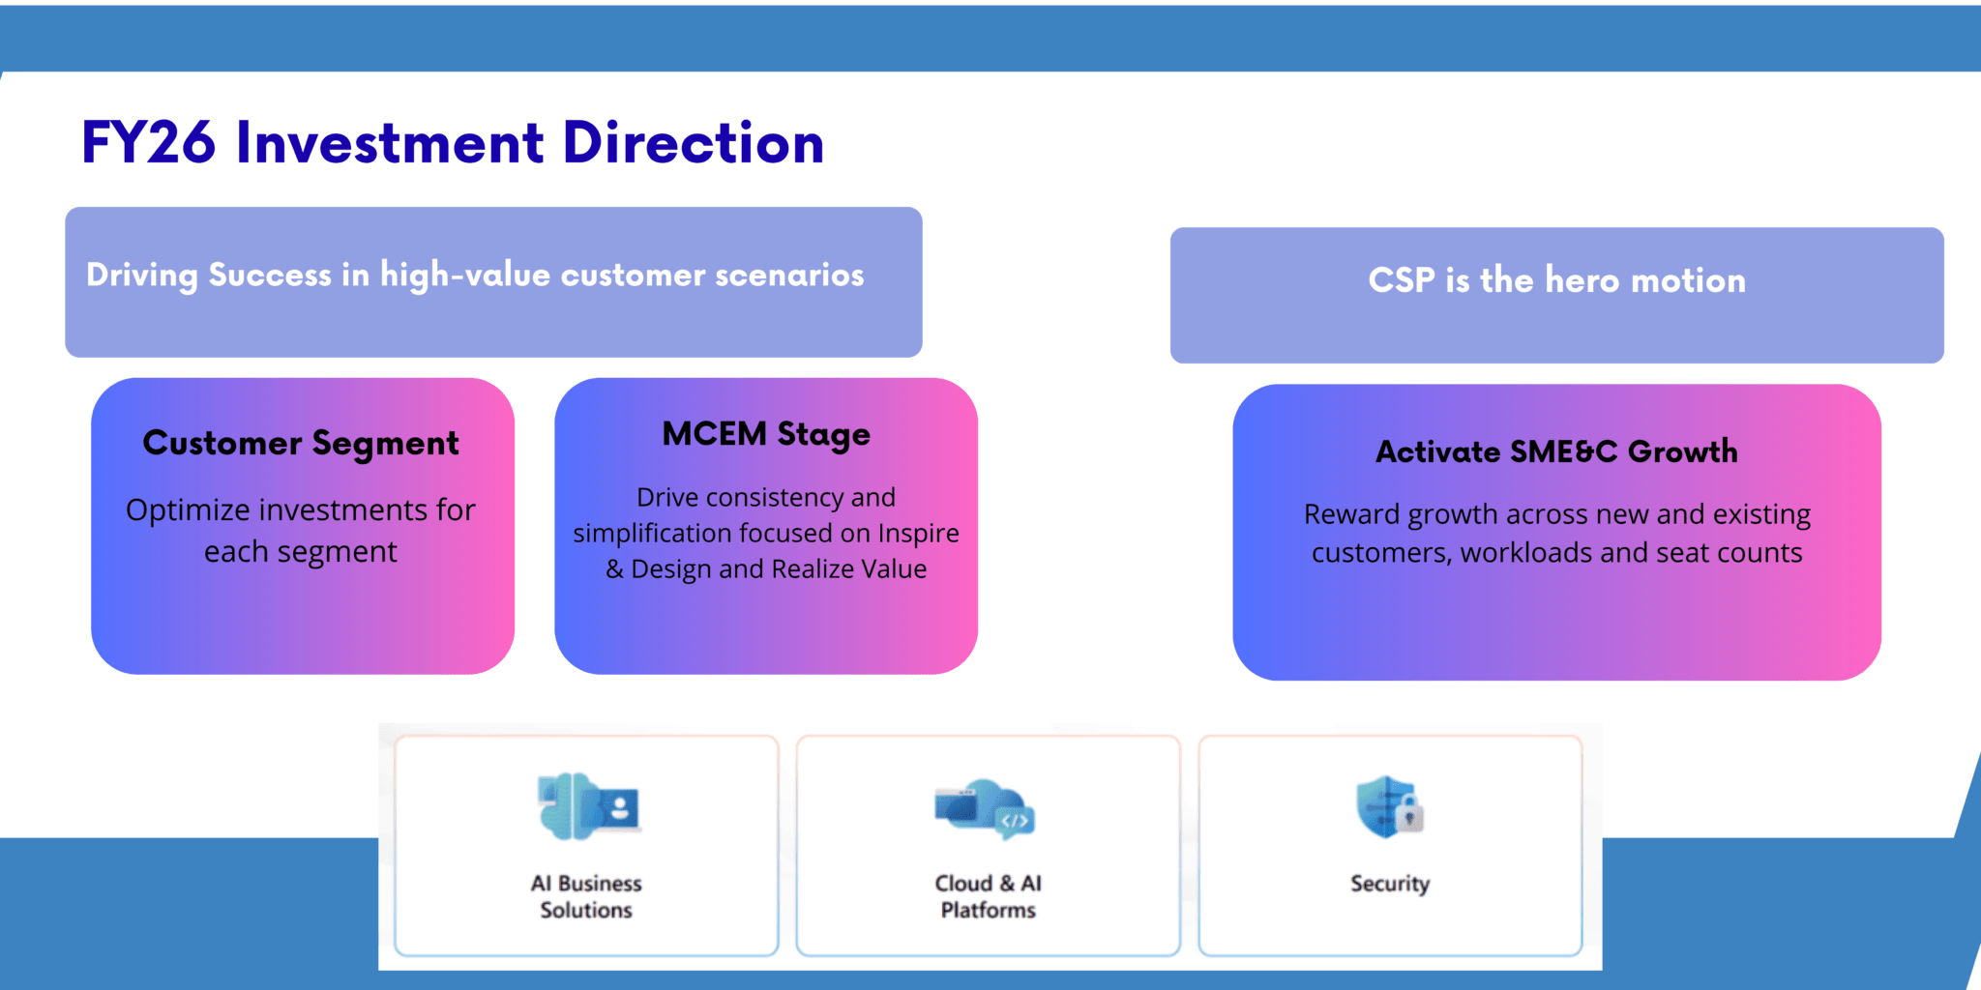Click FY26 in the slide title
(148, 143)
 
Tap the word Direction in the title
(693, 143)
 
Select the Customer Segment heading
(301, 443)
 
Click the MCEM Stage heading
(766, 434)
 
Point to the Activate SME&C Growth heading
(1556, 451)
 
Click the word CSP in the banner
(1401, 280)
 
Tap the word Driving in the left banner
(142, 276)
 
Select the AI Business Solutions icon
(587, 806)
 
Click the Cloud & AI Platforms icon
(986, 807)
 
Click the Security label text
(1390, 884)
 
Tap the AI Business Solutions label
(586, 896)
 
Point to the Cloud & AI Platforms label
(988, 896)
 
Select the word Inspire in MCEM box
(918, 534)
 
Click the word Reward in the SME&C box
(1351, 514)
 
